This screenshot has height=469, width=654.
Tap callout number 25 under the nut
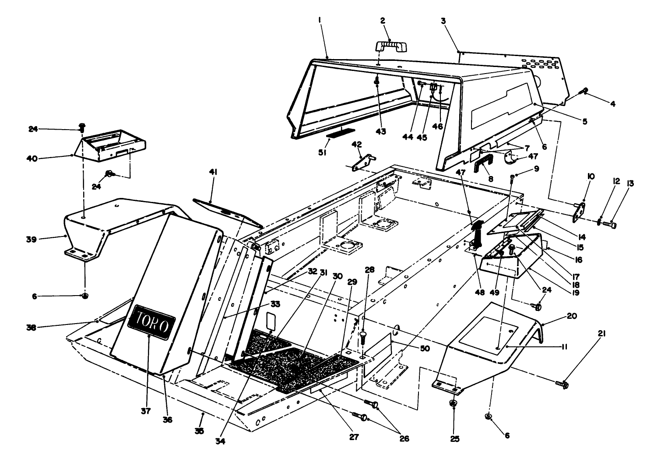(x=455, y=438)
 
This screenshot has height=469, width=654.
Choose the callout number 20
(x=560, y=316)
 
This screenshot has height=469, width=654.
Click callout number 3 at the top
(x=443, y=21)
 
